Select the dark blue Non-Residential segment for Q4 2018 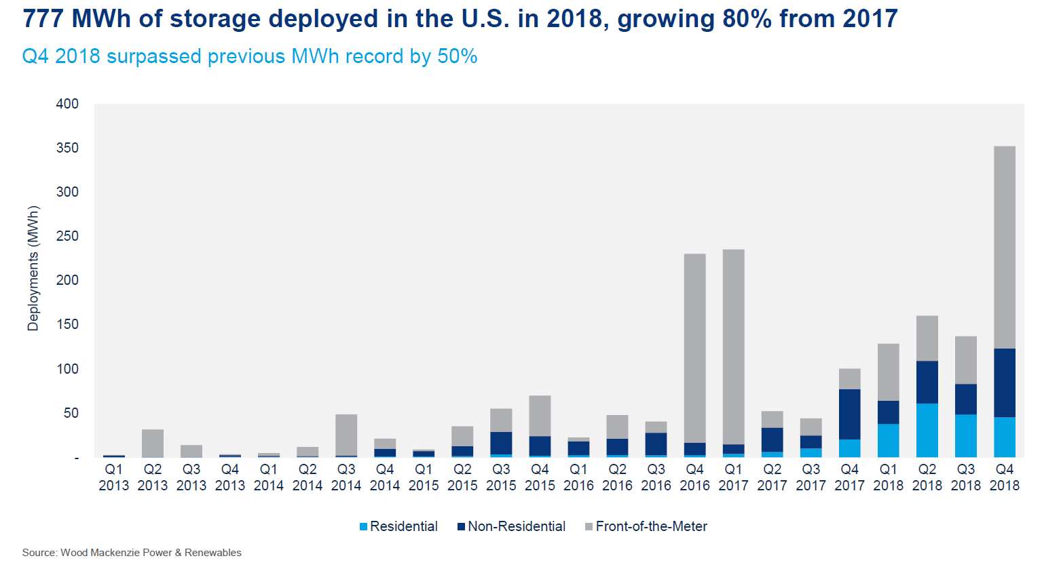point(1004,382)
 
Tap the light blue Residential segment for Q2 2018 point(927,430)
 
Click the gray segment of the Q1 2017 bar point(733,347)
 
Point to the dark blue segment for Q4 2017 point(849,414)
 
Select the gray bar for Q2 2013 point(153,443)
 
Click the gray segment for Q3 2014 point(346,435)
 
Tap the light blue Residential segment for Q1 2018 point(888,440)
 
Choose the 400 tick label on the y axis point(67,104)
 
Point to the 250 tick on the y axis point(67,236)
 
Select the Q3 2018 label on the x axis point(965,477)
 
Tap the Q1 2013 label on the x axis point(114,477)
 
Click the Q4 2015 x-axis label point(540,477)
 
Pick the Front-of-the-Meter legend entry point(651,526)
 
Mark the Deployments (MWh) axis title point(33,269)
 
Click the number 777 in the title point(43,19)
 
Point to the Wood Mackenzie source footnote point(132,553)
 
